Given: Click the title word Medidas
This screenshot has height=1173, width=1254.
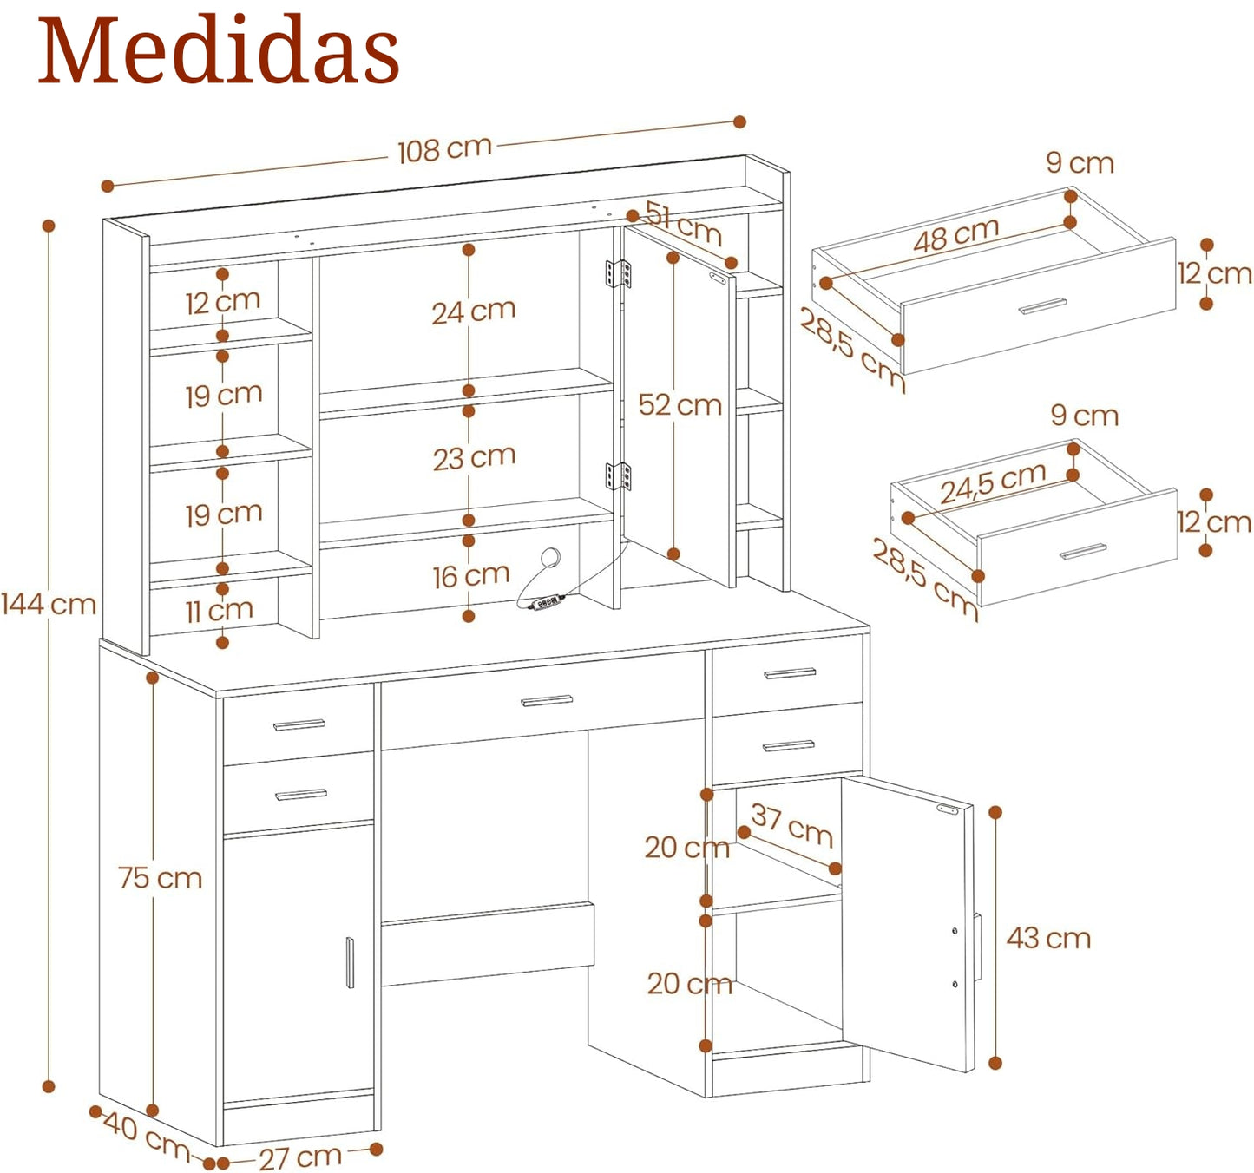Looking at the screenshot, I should pyautogui.click(x=218, y=52).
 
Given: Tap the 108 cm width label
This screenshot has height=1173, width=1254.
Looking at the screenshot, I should pyautogui.click(x=444, y=149).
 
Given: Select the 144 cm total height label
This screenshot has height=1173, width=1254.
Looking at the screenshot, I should pyautogui.click(x=49, y=604).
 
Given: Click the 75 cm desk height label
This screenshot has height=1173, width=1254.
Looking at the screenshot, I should pyautogui.click(x=161, y=878).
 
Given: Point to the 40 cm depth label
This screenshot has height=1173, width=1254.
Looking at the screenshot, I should pyautogui.click(x=146, y=1136).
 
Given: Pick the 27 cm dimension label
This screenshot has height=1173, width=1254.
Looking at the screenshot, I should pyautogui.click(x=300, y=1157).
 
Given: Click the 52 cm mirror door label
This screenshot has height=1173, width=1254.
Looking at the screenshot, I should pyautogui.click(x=680, y=405).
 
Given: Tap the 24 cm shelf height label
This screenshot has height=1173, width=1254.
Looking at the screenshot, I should pyautogui.click(x=474, y=311).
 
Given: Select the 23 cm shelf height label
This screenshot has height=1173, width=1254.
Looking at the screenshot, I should pyautogui.click(x=474, y=457).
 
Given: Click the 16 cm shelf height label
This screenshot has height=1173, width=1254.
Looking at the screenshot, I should pyautogui.click(x=470, y=576).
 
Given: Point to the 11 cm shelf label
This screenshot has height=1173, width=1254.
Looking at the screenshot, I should pyautogui.click(x=219, y=611).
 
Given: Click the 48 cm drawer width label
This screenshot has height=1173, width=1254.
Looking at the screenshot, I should pyautogui.click(x=955, y=235).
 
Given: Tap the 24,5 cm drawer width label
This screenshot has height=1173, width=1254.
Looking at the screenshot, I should pyautogui.click(x=993, y=483).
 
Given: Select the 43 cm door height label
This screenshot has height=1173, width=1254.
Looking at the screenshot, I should pyautogui.click(x=1048, y=938).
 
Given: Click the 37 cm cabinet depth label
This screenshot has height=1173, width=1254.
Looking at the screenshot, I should pyautogui.click(x=791, y=825).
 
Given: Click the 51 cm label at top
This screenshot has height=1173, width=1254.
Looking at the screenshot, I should pyautogui.click(x=684, y=223).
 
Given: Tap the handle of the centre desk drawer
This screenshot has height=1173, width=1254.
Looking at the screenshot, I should pyautogui.click(x=547, y=701).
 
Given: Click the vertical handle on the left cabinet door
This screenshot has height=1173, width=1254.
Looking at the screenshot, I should pyautogui.click(x=350, y=962).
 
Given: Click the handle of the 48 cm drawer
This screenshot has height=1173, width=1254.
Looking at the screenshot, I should pyautogui.click(x=1043, y=306).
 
